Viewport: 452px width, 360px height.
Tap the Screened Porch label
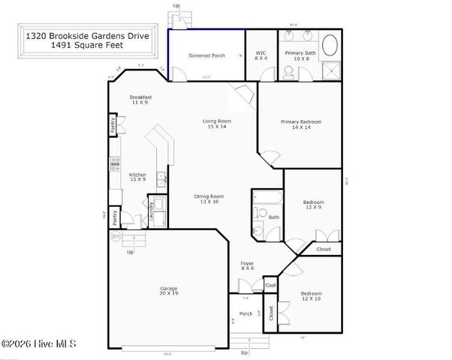coord(206,55)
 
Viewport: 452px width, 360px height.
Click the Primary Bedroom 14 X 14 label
coord(301,124)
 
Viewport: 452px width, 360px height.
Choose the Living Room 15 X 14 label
coord(217,124)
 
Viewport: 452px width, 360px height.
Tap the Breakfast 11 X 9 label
coord(141,100)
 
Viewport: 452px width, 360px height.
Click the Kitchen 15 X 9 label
coord(137,177)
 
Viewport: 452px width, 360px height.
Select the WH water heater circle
coord(116,236)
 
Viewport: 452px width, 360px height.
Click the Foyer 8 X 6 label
coord(247,265)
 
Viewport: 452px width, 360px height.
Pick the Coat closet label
coord(270,285)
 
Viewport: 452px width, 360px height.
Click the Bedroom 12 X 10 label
coord(311,295)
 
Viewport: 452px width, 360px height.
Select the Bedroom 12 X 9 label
coord(313,205)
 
